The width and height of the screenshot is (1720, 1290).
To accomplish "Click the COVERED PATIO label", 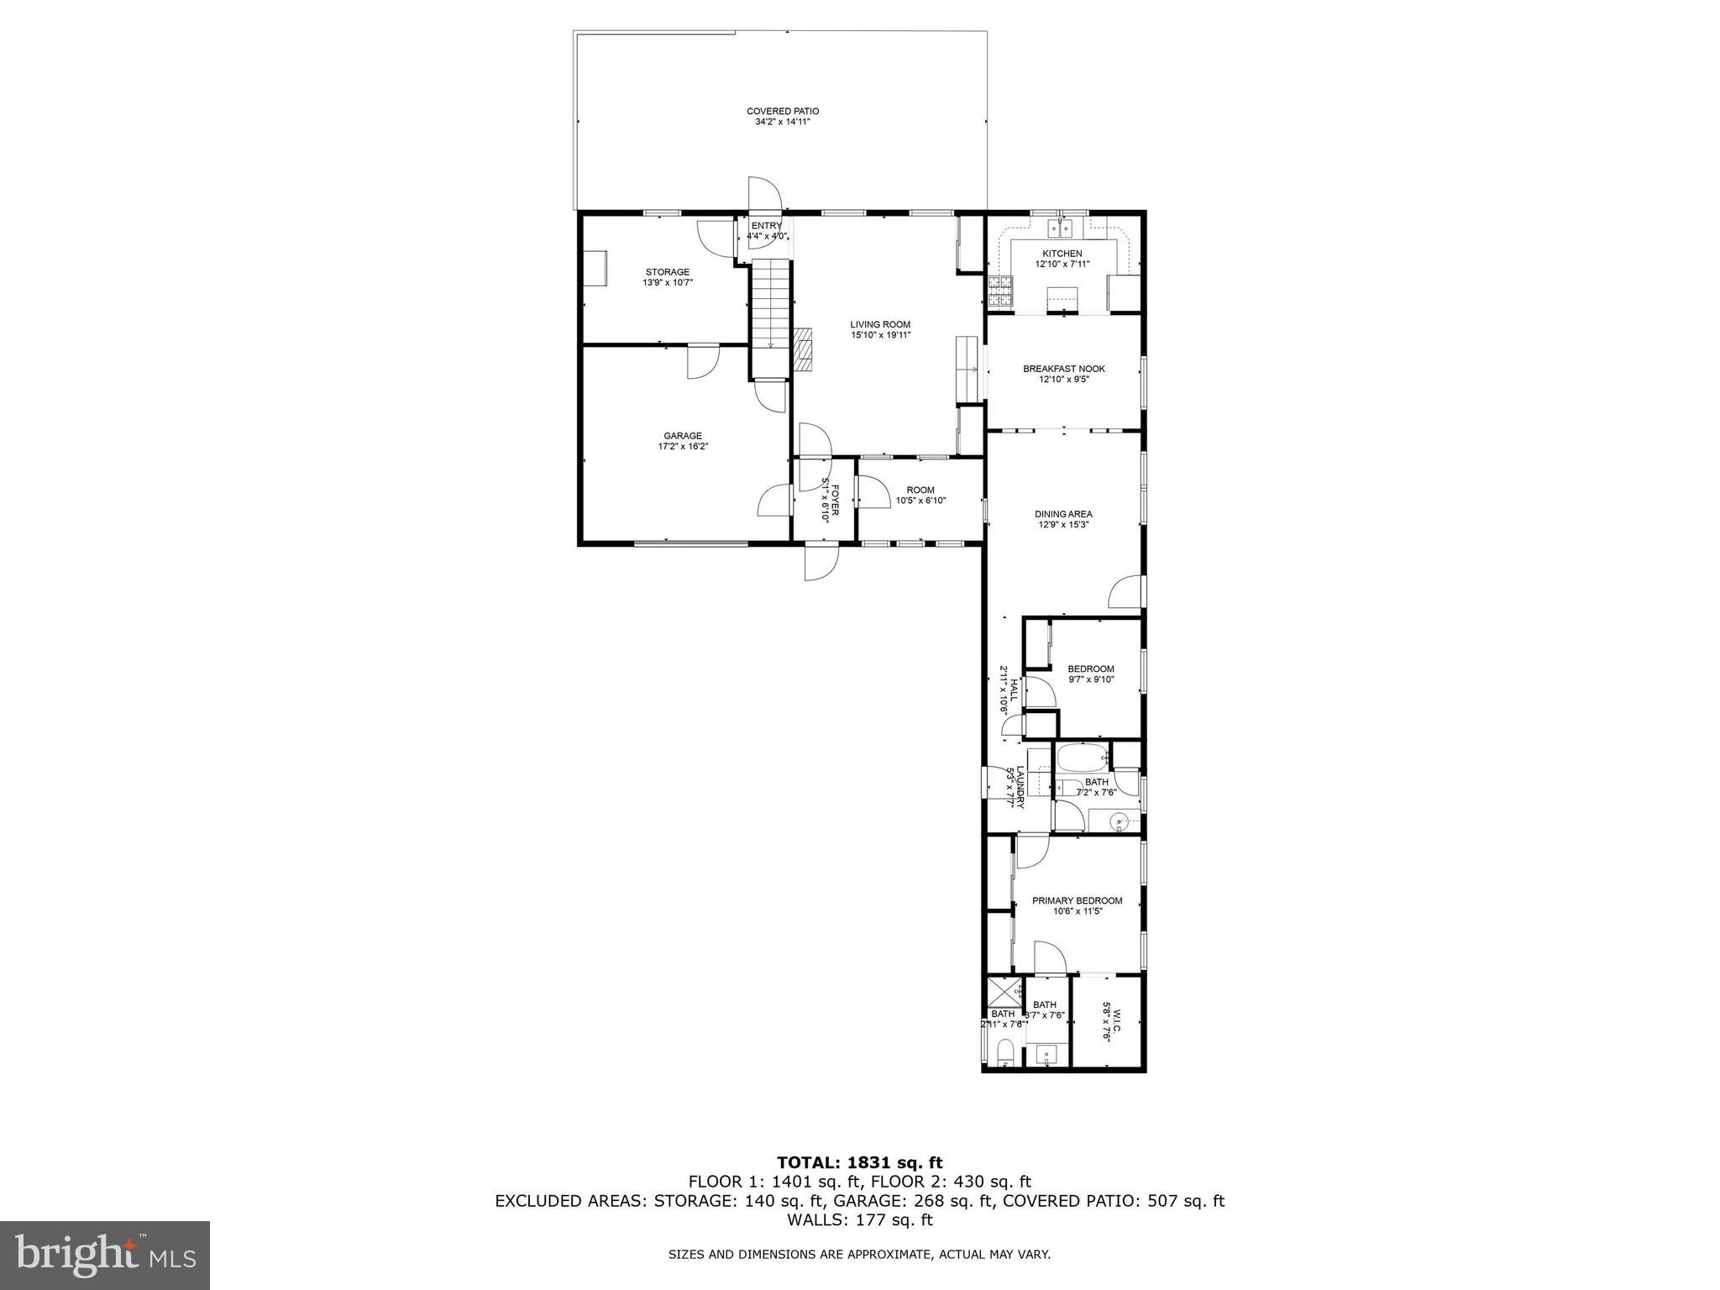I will tap(782, 112).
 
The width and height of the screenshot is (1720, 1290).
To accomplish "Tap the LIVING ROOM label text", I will tap(879, 325).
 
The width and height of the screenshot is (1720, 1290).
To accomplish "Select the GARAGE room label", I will tap(682, 436).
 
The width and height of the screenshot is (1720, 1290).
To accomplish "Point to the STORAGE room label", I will tap(667, 272).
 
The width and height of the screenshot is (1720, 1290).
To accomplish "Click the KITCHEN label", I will tap(1062, 254).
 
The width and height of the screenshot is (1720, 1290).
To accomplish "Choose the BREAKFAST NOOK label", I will tap(1063, 369).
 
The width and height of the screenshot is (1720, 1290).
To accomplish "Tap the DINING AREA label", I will tap(1063, 514).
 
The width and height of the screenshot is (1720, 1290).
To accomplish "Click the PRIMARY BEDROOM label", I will tap(1077, 901).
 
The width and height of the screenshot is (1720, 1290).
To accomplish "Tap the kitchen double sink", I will tap(1060, 228).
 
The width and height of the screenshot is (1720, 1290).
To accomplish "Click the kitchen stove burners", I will tap(999, 291).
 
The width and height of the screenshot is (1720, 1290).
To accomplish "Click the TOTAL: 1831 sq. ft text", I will tap(859, 1162).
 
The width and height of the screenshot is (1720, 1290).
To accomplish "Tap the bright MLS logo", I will tap(104, 1255).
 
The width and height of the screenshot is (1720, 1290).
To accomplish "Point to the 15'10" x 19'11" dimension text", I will tap(880, 335).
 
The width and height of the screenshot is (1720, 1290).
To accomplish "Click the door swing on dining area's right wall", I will tap(1125, 592).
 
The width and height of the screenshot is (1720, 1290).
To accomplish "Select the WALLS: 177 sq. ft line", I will tap(859, 1219).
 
